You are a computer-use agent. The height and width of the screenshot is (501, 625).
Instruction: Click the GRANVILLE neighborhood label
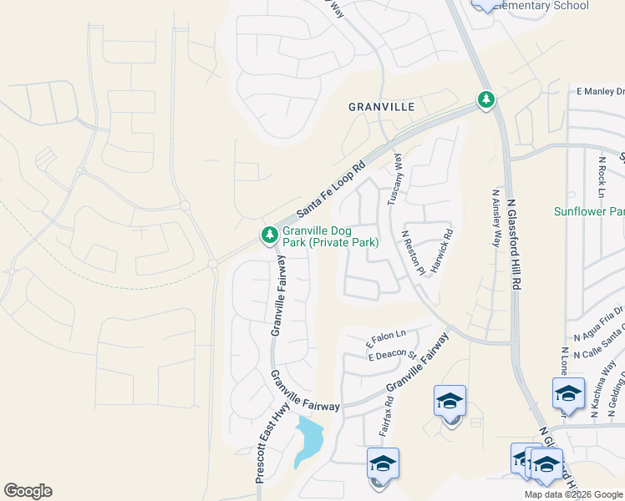tap(382, 108)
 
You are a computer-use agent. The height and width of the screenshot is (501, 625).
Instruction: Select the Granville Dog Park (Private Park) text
tap(330, 236)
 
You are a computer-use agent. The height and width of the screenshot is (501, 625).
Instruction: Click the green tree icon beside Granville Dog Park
tap(269, 235)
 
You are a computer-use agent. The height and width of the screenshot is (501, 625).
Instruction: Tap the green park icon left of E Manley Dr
tap(485, 100)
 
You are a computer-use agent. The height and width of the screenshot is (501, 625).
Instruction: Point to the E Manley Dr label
tap(599, 91)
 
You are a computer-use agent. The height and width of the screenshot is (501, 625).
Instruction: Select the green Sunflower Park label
tap(589, 211)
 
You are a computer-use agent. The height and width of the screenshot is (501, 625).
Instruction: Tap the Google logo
tap(28, 491)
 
